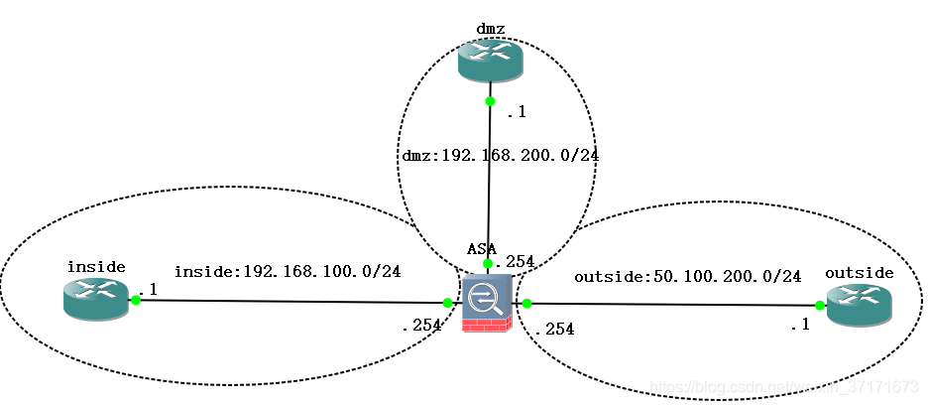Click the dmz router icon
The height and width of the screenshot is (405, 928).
490,63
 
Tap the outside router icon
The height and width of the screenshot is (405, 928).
860,308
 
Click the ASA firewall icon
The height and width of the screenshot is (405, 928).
487,307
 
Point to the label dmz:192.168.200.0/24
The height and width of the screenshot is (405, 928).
501,156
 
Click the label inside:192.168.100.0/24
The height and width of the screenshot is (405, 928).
288,271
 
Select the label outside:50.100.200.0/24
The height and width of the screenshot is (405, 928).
687,276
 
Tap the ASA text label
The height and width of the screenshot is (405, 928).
482,247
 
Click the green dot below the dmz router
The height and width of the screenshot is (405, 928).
490,100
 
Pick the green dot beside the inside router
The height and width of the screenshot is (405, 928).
136,299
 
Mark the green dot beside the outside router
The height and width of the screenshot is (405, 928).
821,307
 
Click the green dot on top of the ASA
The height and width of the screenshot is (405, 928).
488,264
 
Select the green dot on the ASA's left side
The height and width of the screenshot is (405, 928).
448,303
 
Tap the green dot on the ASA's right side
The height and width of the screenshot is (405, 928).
527,303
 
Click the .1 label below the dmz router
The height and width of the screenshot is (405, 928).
517,112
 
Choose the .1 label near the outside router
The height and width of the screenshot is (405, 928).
800,325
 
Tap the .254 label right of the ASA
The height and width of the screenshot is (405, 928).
553,330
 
